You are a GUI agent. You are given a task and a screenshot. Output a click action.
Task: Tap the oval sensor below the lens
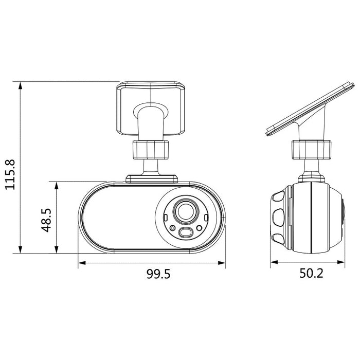(x=186, y=233)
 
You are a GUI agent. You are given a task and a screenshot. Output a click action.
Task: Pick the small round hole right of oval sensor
(x=199, y=229)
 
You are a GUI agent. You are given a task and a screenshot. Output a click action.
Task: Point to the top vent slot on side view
(x=279, y=196)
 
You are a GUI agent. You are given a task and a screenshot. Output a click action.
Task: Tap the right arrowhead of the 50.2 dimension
(x=343, y=262)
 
